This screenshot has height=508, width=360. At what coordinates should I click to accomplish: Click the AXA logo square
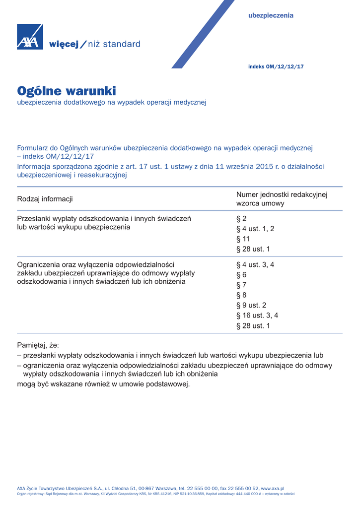[30, 37]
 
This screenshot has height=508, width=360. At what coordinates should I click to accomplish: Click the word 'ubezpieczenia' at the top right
[271, 15]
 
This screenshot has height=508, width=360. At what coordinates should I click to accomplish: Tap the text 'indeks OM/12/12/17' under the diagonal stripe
[276, 66]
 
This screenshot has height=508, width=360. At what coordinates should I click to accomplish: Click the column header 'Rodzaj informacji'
[45, 199]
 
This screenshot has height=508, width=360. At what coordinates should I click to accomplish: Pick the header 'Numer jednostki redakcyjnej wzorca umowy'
[282, 199]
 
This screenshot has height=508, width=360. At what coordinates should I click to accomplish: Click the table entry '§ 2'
[241, 218]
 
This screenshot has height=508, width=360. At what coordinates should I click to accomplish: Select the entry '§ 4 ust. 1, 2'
[255, 229]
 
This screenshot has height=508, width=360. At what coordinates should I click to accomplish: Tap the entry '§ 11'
[243, 239]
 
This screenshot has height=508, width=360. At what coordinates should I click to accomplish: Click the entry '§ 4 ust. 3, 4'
[255, 265]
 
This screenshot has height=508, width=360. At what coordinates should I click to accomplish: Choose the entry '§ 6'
[241, 275]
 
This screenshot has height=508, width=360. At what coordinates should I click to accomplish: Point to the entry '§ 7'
[241, 285]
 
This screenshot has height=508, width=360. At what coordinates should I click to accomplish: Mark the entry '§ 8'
[241, 295]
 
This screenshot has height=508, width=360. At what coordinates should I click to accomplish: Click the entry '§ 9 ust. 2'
[251, 306]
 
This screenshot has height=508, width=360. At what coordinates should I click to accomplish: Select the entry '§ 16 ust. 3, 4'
[257, 316]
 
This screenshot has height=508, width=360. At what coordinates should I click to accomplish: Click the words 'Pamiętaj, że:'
[38, 345]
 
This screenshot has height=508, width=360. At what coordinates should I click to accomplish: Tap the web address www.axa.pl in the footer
[273, 489]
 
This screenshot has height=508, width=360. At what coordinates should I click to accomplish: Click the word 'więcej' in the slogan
[64, 44]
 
